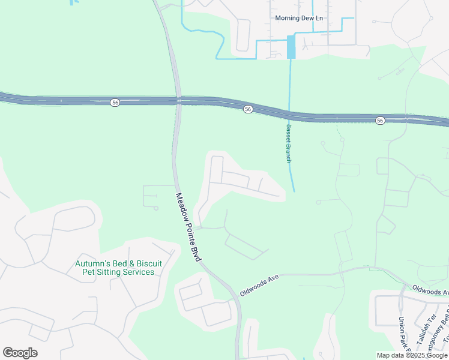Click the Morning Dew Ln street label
(299, 18)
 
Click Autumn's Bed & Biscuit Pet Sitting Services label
(114, 268)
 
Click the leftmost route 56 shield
(115, 103)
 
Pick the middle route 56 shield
(247, 109)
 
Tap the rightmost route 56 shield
(380, 121)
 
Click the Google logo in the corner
(20, 353)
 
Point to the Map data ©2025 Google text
(412, 355)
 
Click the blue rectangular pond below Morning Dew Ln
(291, 47)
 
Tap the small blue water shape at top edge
(74, 2)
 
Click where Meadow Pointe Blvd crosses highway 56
(179, 101)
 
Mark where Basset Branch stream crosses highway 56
(289, 114)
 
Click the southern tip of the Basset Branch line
(294, 191)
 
